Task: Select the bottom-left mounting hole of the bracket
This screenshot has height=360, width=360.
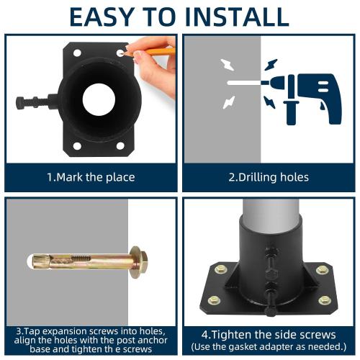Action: pos(76,145)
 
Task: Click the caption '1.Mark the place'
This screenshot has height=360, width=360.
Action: pos(90,177)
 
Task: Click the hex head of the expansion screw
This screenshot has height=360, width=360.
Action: pos(138,260)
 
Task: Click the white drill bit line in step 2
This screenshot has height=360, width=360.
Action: pos(245,84)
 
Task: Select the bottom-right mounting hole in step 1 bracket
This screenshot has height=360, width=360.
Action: pos(120,145)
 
